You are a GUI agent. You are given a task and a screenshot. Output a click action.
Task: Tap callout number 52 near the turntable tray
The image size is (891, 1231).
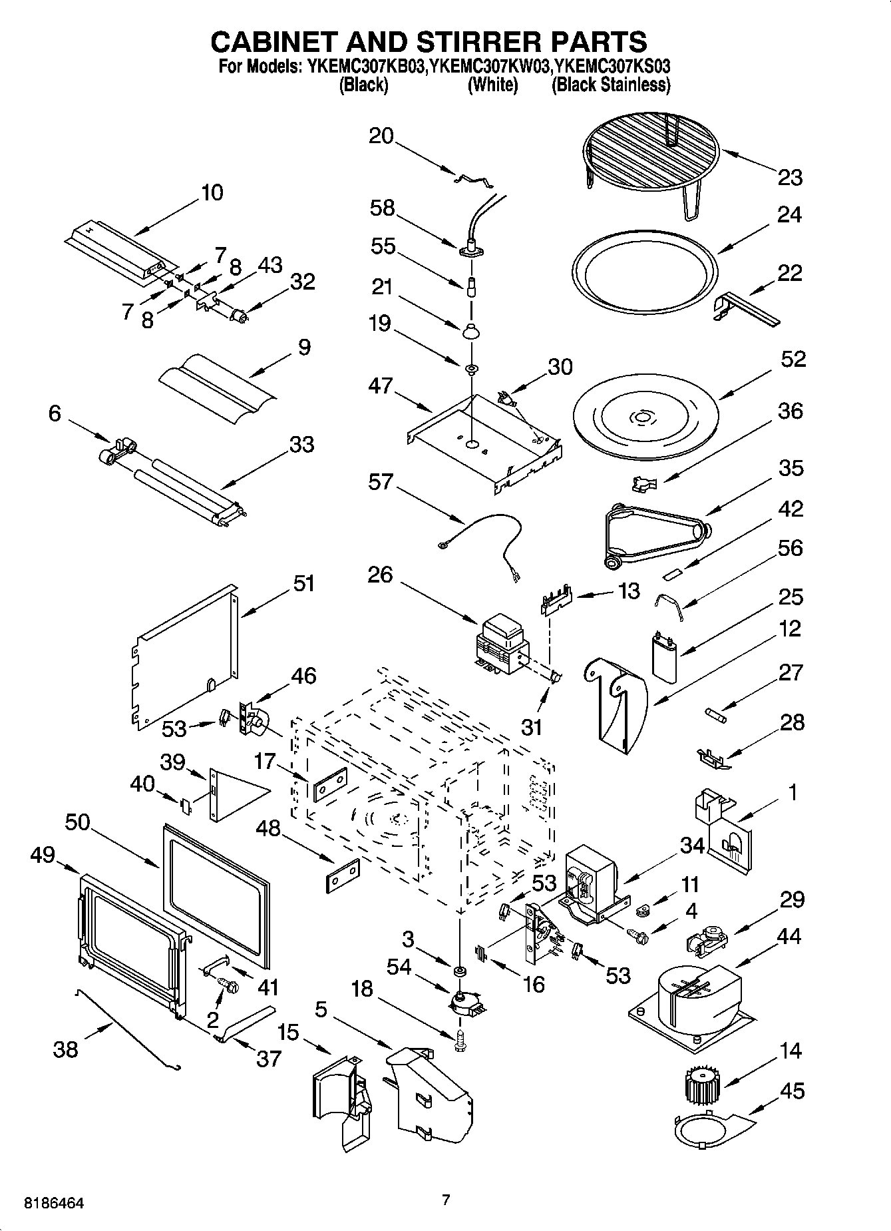793,360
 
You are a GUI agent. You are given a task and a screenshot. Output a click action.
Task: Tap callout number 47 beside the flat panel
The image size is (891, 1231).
381,386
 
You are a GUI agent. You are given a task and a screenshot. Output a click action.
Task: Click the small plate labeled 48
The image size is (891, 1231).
343,875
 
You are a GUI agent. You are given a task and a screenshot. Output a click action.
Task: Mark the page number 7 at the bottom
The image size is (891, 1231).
446,1200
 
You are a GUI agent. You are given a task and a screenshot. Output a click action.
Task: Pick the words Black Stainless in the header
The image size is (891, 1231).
611,85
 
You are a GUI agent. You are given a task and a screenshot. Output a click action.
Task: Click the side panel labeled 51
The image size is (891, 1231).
186,656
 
